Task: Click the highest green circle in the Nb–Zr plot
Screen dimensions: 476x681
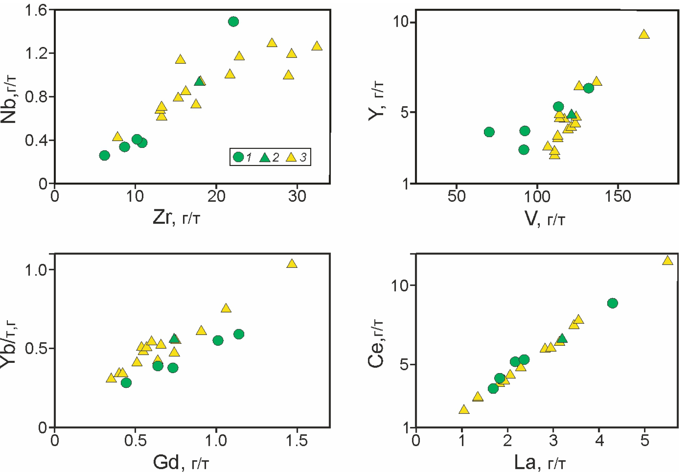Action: (233, 22)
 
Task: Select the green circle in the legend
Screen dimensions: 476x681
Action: (238, 157)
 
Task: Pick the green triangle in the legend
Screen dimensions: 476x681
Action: (265, 157)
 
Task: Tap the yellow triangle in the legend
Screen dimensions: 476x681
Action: (291, 157)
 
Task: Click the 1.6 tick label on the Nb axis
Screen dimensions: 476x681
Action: (36, 11)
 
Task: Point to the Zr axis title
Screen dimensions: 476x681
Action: (176, 217)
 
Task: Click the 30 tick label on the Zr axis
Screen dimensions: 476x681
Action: (297, 197)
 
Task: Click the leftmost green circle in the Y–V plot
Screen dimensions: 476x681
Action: (489, 132)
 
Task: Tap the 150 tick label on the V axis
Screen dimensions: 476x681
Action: (618, 197)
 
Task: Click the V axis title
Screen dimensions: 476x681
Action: (545, 219)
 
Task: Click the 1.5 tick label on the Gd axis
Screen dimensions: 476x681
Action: (297, 441)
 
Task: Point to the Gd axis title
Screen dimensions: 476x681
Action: (181, 463)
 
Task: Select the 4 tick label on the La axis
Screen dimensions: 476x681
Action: (599, 441)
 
